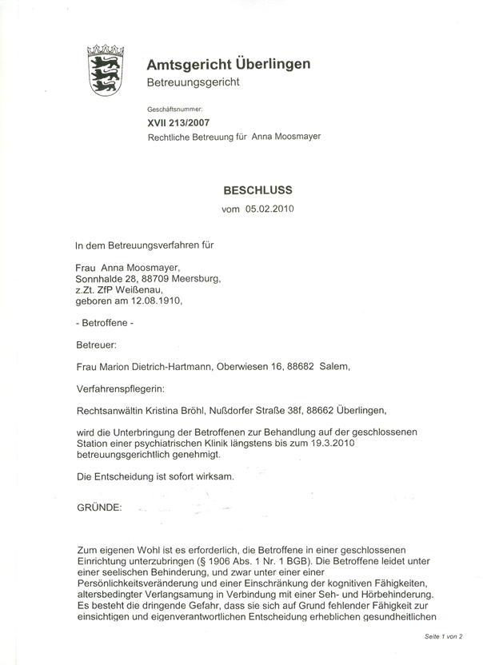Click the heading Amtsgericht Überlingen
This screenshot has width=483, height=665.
pyautogui.click(x=228, y=65)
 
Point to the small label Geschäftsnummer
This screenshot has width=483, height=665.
pyautogui.click(x=175, y=108)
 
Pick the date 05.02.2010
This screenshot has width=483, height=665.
pyautogui.click(x=270, y=209)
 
